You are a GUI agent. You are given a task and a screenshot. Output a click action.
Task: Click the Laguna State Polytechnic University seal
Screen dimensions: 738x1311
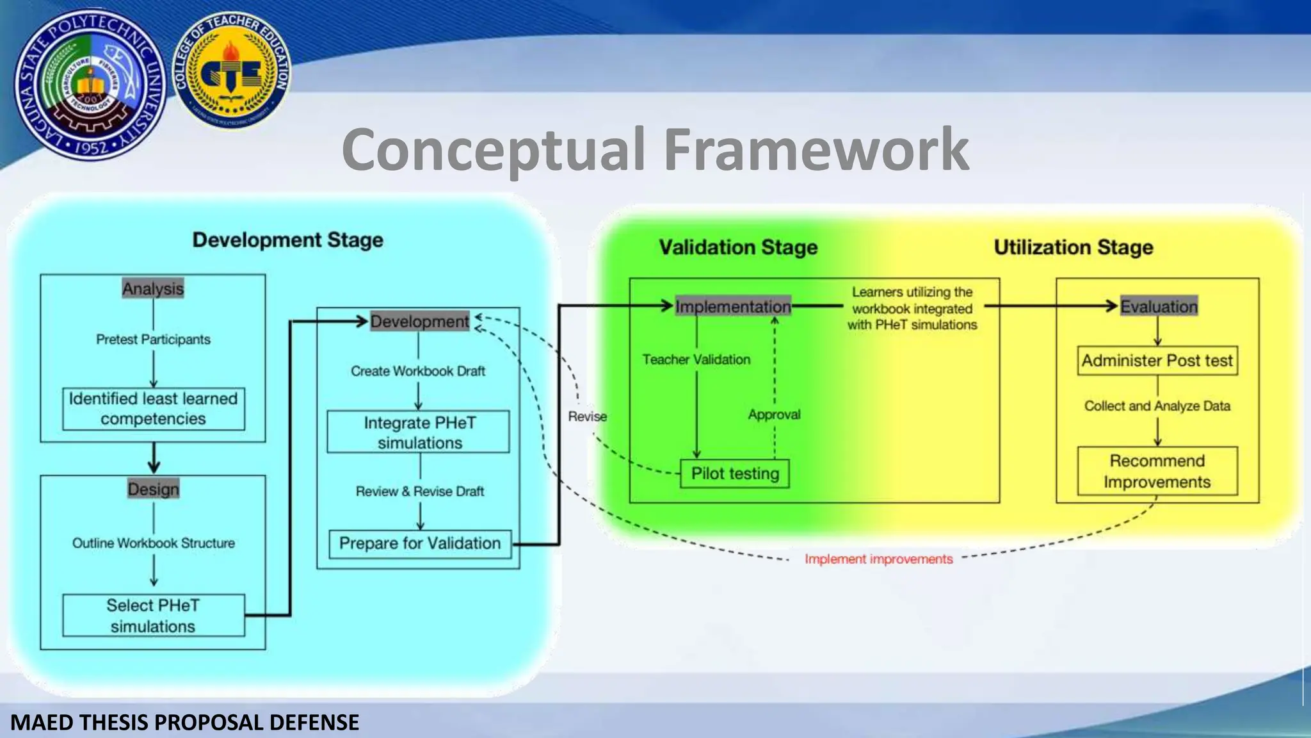tap(90, 85)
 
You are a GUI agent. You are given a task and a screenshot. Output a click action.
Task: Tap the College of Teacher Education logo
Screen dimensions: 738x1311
tap(231, 70)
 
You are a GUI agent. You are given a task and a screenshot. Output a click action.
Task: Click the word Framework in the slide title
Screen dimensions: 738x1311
tap(816, 149)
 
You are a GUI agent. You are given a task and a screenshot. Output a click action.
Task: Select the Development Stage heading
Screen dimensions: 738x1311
tap(288, 240)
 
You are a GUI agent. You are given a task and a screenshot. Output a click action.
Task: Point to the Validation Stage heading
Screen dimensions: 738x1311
tap(738, 247)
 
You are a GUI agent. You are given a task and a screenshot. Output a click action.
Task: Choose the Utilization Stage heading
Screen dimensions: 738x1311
tap(1073, 247)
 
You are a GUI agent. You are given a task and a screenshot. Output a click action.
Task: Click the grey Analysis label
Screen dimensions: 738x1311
tap(153, 289)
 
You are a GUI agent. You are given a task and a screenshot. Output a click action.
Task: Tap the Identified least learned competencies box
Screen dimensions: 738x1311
tap(154, 409)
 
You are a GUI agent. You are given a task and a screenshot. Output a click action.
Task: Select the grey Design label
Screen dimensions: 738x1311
tap(153, 489)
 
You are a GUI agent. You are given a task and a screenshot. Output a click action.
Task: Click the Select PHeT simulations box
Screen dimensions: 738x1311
tap(154, 616)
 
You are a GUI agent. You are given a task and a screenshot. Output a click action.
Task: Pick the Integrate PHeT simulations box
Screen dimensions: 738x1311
tap(419, 432)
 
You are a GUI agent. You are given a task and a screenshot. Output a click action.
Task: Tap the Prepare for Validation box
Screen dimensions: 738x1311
tap(420, 544)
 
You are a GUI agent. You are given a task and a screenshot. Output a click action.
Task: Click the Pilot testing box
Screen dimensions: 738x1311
tap(735, 474)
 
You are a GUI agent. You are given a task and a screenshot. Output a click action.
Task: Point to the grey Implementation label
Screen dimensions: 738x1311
tap(734, 307)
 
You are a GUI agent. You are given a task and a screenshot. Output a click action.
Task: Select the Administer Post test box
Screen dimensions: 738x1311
tap(1157, 361)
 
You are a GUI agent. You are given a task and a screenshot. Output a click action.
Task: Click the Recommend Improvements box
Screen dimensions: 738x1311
tap(1157, 471)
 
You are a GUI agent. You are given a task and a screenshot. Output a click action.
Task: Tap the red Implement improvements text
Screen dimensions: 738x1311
tap(878, 559)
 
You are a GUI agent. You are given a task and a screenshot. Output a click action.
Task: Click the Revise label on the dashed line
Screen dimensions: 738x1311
tap(587, 417)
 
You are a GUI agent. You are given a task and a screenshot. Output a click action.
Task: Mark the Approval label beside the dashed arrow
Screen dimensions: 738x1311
tap(774, 415)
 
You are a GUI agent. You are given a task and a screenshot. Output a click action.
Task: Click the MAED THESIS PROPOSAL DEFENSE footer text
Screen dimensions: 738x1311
tap(185, 723)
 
